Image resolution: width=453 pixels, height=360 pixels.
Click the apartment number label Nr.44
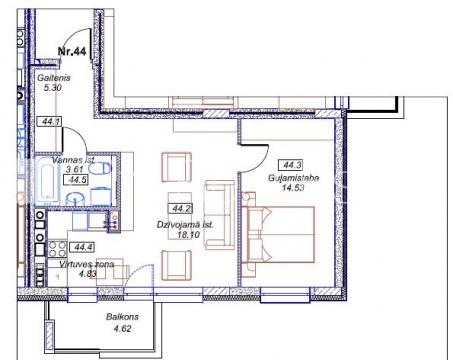pyautogui.click(x=72, y=51)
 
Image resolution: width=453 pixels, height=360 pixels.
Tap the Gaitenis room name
pyautogui.click(x=54, y=78)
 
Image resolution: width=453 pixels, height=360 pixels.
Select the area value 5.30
pyautogui.click(x=53, y=88)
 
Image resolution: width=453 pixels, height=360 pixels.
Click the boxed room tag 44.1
pyautogui.click(x=49, y=122)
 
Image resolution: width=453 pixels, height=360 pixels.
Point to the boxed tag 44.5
pyautogui.click(x=76, y=180)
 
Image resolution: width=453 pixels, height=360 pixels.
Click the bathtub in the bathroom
pyautogui.click(x=47, y=182)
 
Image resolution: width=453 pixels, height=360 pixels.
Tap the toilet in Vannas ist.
pyautogui.click(x=101, y=168)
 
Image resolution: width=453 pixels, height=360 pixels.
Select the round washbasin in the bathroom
pyautogui.click(x=76, y=199)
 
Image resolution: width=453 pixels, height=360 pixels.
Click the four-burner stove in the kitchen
pyautogui.click(x=57, y=249)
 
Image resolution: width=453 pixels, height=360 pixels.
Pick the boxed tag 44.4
pyautogui.click(x=82, y=247)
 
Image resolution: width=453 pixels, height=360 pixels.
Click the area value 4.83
pyautogui.click(x=87, y=274)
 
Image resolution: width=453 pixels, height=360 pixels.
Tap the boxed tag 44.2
pyautogui.click(x=181, y=209)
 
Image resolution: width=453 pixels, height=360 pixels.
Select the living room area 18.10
pyautogui.click(x=189, y=235)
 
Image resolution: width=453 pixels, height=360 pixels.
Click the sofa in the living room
pyautogui.click(x=220, y=215)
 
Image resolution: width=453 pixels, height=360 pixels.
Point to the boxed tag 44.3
pyautogui.click(x=292, y=165)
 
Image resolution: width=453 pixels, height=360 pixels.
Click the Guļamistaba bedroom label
pyautogui.click(x=294, y=178)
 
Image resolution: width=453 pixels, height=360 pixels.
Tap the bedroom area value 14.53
pyautogui.click(x=293, y=188)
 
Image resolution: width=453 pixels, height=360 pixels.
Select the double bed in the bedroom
pyautogui.click(x=278, y=235)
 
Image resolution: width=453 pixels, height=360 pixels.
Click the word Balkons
pyautogui.click(x=122, y=317)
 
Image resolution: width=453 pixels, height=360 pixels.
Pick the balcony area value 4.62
pyautogui.click(x=122, y=329)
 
